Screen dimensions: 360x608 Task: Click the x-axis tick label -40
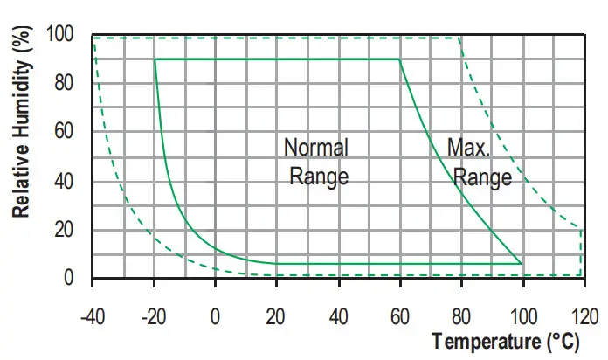point(92,315)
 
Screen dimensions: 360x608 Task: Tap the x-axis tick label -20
point(153,315)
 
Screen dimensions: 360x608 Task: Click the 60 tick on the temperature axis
point(400,315)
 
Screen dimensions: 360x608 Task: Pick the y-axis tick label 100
point(69,35)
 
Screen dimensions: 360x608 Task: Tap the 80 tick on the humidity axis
point(73,84)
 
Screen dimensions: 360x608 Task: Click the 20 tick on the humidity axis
point(73,230)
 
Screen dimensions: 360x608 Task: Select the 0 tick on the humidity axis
point(78,279)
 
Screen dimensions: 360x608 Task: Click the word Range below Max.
point(482,177)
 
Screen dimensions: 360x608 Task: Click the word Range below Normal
point(319,176)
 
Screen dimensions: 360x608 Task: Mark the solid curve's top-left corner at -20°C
point(155,59)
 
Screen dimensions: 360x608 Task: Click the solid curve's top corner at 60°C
point(399,59)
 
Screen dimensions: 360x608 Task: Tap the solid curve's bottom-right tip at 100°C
point(522,263)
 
